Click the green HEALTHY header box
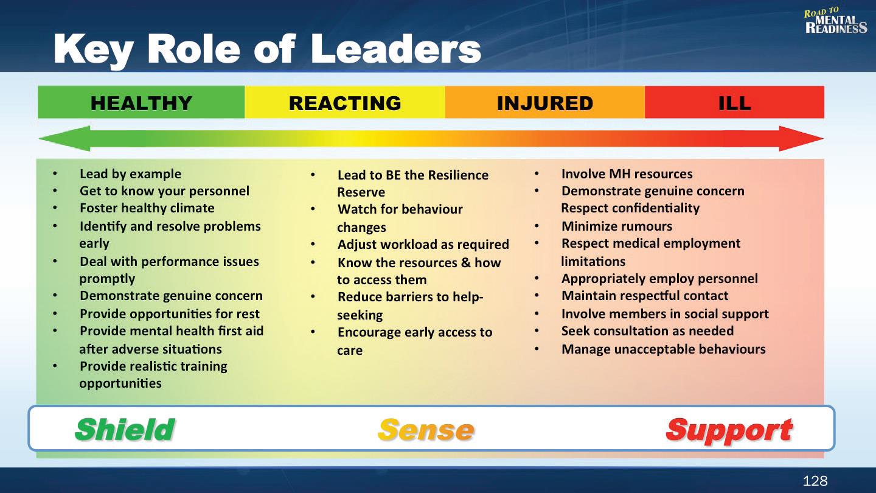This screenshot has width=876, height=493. point(141,102)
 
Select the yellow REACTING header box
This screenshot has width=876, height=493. point(345,102)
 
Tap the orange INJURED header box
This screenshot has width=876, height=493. point(545,102)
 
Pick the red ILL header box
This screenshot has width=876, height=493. point(734,102)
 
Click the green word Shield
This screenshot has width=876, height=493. point(125,430)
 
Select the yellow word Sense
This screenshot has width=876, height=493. point(426,430)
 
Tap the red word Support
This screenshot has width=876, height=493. point(729,431)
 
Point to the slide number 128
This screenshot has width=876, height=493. point(815,480)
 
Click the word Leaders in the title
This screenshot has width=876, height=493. point(396,49)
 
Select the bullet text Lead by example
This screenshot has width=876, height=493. point(130,173)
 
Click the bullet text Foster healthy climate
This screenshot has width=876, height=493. point(147,208)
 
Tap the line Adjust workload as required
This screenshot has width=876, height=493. point(423,245)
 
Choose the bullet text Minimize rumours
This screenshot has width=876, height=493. point(617,226)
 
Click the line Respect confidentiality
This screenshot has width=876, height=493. point(630,208)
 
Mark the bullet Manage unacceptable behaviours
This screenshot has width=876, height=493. point(663,349)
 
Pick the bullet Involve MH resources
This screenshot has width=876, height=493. point(627,173)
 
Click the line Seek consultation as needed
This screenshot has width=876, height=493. point(647,331)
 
